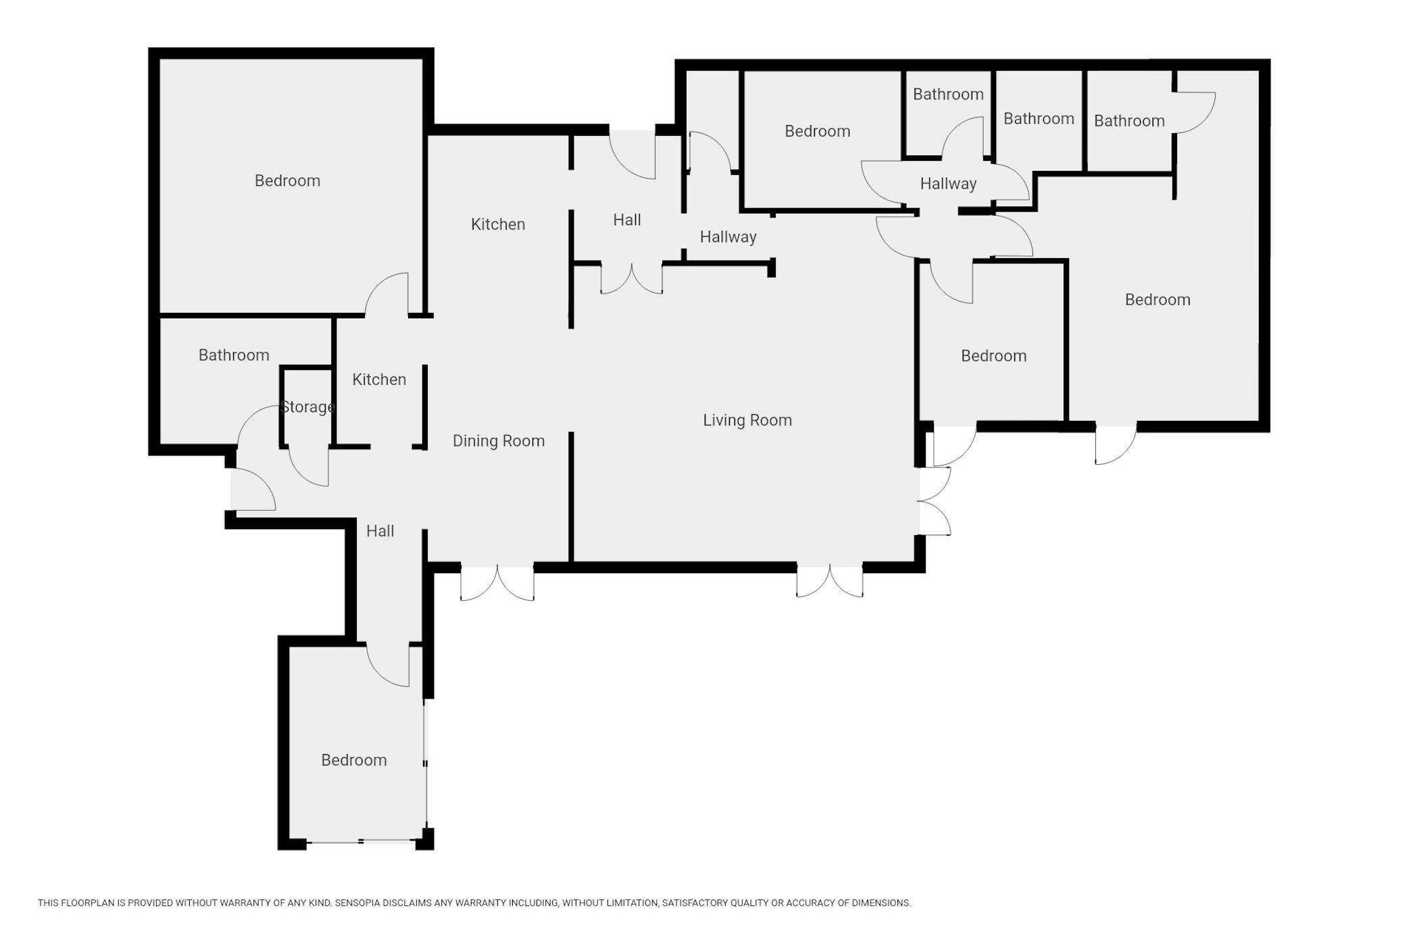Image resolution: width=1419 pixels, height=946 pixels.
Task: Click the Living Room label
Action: point(747,420)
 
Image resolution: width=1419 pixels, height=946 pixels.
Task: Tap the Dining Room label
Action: point(499,441)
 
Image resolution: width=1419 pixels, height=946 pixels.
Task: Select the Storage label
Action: point(308,407)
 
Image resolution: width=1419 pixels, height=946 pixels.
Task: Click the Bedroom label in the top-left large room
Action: point(287,181)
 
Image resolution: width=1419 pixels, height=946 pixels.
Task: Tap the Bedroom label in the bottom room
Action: point(354,760)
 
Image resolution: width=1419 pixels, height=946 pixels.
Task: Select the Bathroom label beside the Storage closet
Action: point(234,355)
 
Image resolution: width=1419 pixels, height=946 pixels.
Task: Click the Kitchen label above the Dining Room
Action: point(498,224)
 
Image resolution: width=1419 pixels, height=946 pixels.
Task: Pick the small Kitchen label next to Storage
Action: point(379,380)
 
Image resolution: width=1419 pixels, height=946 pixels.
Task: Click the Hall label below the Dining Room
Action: point(380,531)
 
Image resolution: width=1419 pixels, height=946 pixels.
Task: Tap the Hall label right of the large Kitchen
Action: point(627,220)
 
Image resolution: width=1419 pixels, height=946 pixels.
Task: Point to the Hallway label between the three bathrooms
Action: point(949,184)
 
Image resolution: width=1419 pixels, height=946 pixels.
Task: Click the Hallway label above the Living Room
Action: point(728,237)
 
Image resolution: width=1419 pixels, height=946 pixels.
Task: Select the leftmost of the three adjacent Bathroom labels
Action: point(948,95)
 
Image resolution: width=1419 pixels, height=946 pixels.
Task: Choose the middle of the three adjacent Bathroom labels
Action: point(1039,119)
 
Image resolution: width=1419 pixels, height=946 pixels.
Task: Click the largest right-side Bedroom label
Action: point(1157,300)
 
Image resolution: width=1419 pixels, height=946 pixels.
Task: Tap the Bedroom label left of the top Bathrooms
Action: point(818,131)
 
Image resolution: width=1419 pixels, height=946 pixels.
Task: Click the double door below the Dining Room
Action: point(497,582)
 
